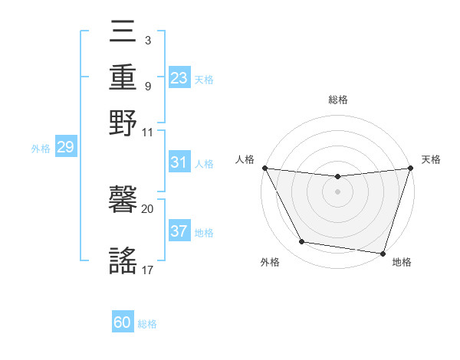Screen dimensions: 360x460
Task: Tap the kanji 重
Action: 123,79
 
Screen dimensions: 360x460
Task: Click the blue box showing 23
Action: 179,77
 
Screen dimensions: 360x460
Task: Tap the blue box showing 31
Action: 179,162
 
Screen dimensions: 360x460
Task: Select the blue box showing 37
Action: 179,231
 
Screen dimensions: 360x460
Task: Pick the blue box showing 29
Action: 65,147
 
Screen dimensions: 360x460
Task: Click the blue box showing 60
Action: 123,323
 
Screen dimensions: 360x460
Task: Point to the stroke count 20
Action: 147,208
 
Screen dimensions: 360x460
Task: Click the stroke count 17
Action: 147,270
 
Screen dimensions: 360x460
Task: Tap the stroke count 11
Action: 147,132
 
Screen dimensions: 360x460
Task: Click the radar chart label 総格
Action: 338,100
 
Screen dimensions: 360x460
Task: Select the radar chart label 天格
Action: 432,159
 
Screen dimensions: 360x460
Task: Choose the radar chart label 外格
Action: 270,262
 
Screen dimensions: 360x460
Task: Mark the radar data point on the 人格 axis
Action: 264,168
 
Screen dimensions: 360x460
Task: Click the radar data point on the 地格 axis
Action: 383,253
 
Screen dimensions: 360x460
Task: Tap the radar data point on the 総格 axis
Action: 337,177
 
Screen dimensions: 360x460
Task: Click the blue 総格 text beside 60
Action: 147,324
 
